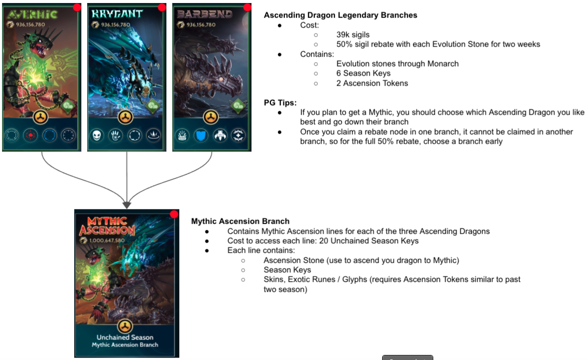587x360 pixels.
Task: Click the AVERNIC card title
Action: click(x=33, y=14)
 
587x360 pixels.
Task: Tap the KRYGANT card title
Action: click(x=117, y=14)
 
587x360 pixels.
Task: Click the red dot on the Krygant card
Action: click(x=162, y=7)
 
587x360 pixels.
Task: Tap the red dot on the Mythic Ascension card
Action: click(x=174, y=214)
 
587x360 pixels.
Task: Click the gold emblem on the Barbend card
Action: click(x=211, y=118)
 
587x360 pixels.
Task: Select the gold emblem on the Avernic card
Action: click(x=41, y=118)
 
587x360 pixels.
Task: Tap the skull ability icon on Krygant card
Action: click(x=97, y=135)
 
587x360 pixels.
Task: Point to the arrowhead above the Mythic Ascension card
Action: click(x=127, y=204)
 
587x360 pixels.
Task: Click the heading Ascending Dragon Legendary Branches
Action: click(x=340, y=15)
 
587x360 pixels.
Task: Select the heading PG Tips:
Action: click(x=280, y=103)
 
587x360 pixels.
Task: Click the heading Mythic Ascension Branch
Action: click(x=240, y=221)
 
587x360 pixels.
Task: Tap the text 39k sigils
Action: click(x=353, y=35)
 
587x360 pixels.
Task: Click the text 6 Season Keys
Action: click(x=363, y=73)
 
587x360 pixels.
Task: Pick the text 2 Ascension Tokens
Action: click(x=372, y=83)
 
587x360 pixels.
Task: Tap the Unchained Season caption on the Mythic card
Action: click(x=125, y=337)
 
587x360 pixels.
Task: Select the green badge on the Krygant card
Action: click(x=152, y=106)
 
